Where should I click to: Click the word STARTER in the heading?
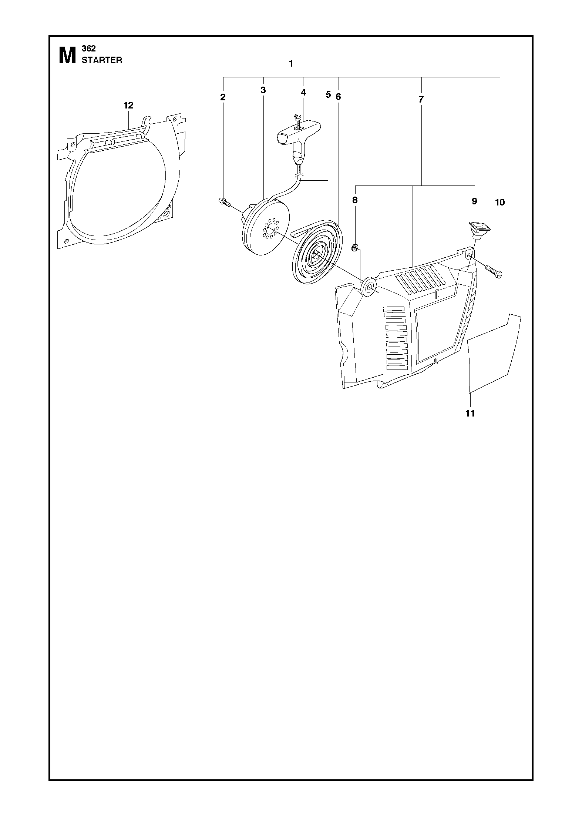[x=102, y=60]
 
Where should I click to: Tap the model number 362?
[x=89, y=49]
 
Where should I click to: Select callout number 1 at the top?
[x=291, y=64]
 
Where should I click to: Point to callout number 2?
[x=223, y=97]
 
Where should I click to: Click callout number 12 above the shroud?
[x=128, y=106]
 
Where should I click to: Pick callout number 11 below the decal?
[x=470, y=413]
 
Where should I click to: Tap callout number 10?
[x=499, y=202]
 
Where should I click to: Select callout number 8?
[x=355, y=200]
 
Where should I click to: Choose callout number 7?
[x=421, y=99]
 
